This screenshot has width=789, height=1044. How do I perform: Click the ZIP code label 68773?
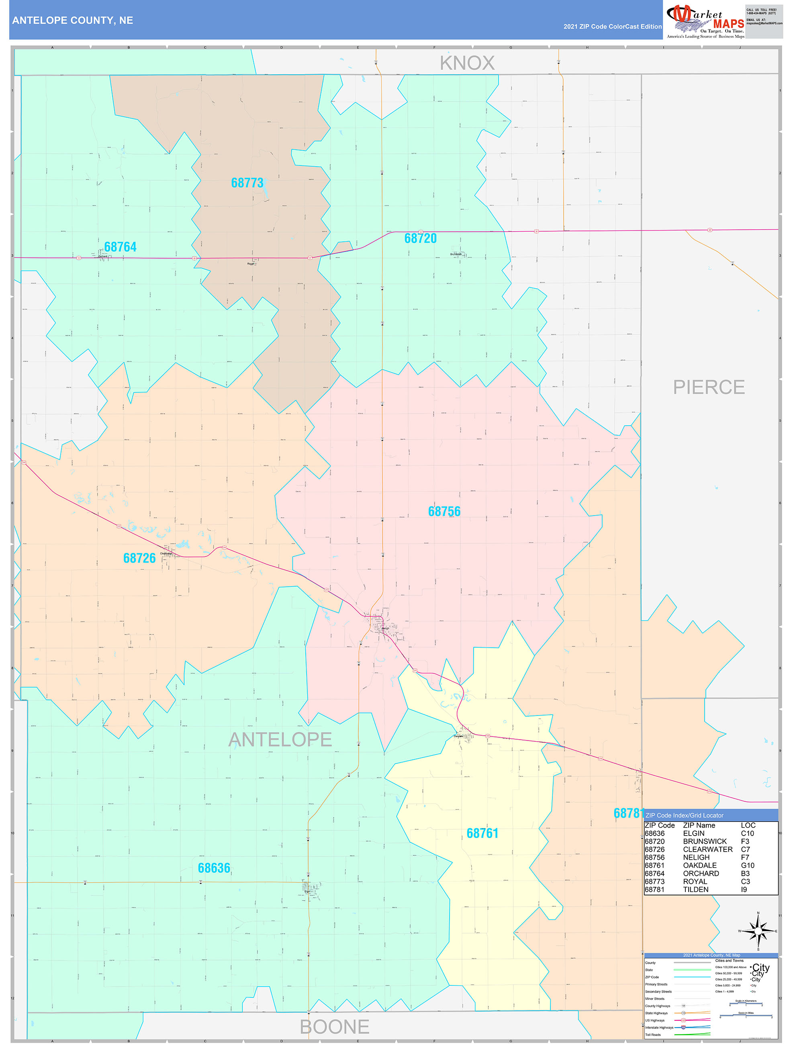[x=247, y=183]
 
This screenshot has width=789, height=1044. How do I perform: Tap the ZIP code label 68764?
[x=120, y=247]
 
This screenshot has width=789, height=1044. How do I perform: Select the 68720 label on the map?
[x=420, y=239]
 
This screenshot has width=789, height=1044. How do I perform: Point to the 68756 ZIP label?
[x=444, y=511]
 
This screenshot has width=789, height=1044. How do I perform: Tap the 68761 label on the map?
[x=482, y=833]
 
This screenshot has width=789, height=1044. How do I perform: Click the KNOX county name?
[x=467, y=63]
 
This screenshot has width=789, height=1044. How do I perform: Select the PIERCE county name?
[x=708, y=387]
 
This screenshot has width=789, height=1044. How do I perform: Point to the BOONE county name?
[x=334, y=1027]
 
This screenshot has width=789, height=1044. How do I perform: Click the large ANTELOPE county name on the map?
[x=280, y=739]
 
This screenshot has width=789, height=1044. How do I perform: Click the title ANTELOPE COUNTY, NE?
[x=73, y=20]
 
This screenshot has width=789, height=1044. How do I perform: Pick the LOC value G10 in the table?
[x=748, y=865]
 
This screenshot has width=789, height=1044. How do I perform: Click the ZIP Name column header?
[x=699, y=825]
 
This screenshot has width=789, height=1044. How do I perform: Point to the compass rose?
[x=758, y=931]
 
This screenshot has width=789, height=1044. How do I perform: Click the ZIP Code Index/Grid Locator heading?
[x=684, y=815]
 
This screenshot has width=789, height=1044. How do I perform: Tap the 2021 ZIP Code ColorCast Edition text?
[x=612, y=27]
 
